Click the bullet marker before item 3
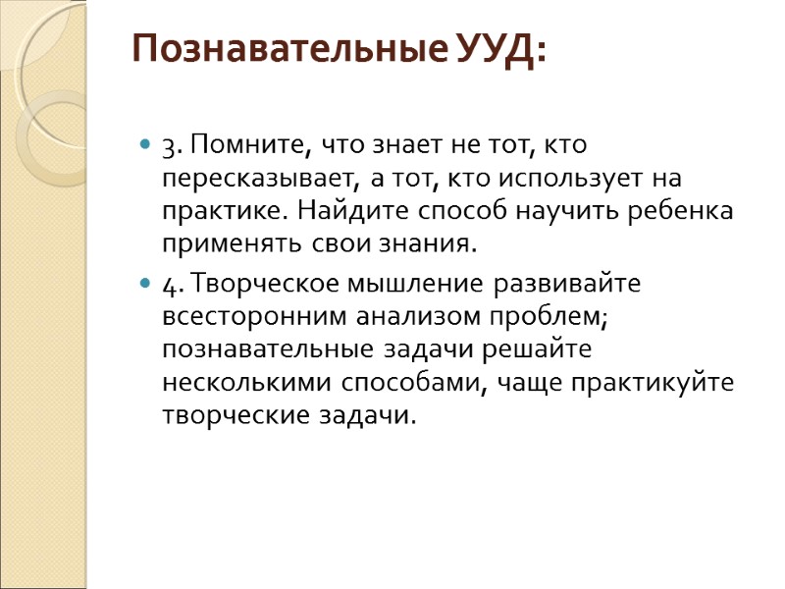point(145,146)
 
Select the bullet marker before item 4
point(145,285)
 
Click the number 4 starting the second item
point(169,286)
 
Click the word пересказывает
point(262,181)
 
